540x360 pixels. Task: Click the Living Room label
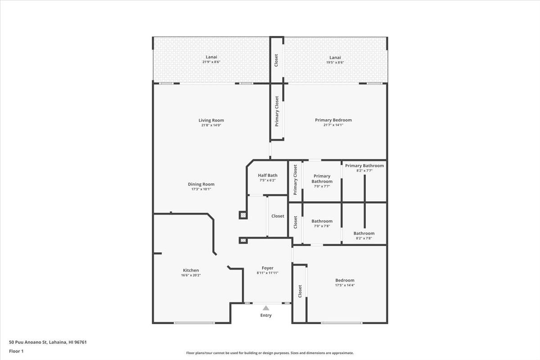pos(211,120)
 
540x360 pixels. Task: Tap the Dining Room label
pos(201,184)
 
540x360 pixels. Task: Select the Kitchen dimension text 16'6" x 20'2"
pos(191,275)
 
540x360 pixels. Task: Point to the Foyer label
pos(268,268)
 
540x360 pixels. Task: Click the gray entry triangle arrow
pos(266,308)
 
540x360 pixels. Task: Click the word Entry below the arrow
pos(266,315)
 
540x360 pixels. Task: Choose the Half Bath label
pos(268,175)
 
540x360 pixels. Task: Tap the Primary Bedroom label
pos(333,120)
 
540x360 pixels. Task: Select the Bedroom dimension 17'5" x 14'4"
pos(345,285)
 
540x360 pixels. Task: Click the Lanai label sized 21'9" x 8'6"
pos(211,57)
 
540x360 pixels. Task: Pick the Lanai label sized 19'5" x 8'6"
pos(335,57)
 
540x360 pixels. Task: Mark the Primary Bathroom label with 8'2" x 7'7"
pos(364,166)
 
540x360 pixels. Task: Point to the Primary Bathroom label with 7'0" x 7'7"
pos(322,179)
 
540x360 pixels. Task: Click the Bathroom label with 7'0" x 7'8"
pos(322,221)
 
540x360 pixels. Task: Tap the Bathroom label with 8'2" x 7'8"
pos(364,233)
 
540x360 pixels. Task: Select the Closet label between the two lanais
pos(276,60)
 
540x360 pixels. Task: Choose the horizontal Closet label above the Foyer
pos(278,216)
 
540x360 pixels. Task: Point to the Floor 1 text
pos(16,351)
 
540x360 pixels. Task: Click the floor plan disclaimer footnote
pos(270,353)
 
